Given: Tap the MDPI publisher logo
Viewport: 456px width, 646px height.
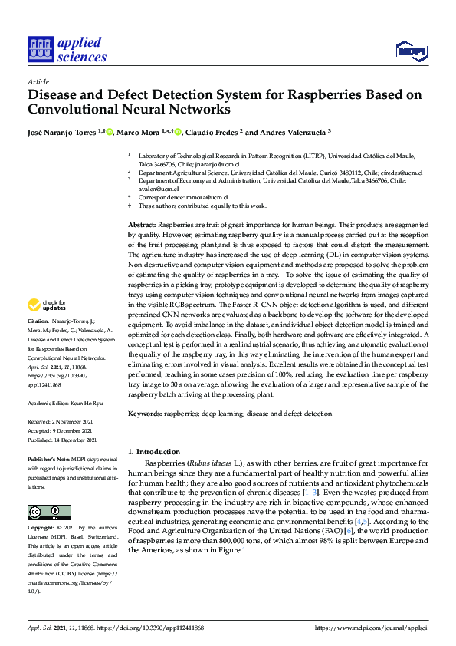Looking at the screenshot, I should point(411,51).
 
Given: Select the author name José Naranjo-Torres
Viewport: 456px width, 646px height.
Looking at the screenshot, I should point(62,132).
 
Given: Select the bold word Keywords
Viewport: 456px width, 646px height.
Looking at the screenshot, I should point(144,414).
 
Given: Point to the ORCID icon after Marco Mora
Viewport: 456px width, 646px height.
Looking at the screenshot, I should point(178,132).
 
